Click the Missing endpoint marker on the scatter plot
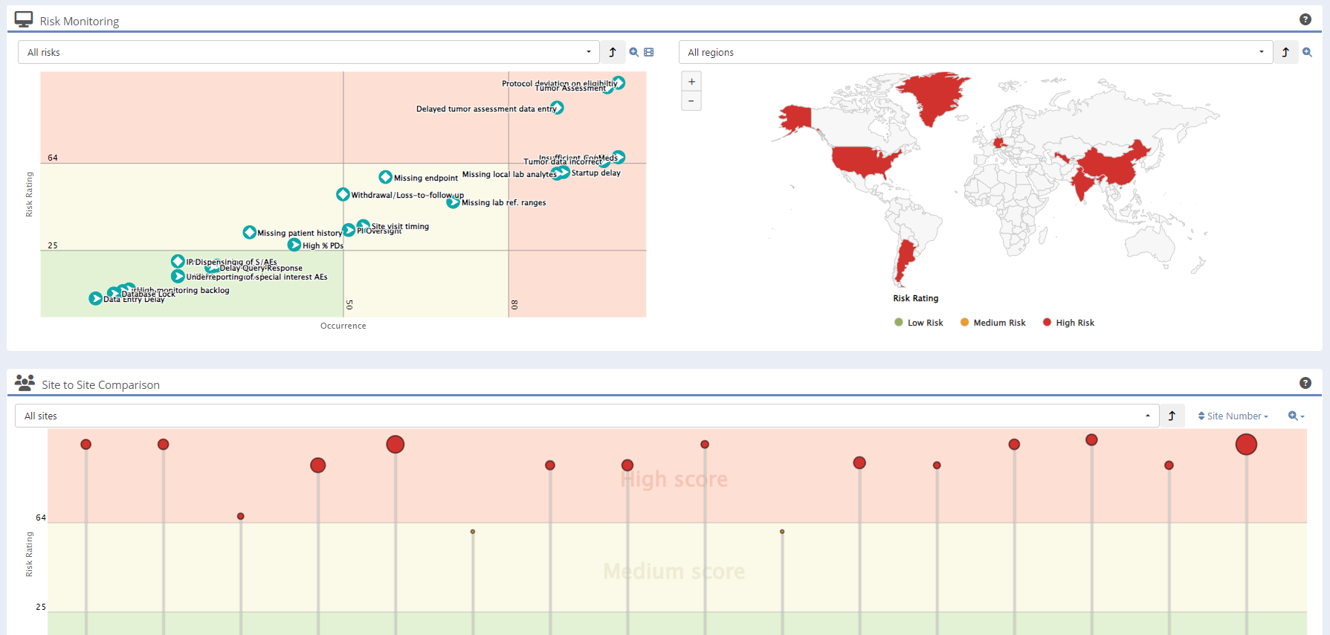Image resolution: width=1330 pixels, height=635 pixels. pos(385,177)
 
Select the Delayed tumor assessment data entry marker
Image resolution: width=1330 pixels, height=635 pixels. pos(558,108)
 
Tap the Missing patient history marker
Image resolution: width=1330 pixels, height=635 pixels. pos(250,233)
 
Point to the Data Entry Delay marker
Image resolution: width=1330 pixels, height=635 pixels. pos(96,298)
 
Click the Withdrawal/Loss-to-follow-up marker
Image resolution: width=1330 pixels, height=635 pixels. pos(343,194)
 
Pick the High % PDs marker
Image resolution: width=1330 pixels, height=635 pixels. pos(294,245)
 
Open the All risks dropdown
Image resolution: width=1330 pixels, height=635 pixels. pos(309,52)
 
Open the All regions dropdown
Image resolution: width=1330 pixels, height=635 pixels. pos(975,52)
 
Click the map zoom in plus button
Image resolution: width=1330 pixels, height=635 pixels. pos(691,82)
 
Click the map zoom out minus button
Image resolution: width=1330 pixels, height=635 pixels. pos(691,101)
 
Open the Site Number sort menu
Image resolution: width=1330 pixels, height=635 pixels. pos(1233,416)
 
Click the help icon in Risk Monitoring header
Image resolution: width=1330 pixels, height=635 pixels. pos(1305,19)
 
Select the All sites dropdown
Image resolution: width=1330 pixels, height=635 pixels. pos(587,416)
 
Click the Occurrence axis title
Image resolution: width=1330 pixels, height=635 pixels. pos(343,326)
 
